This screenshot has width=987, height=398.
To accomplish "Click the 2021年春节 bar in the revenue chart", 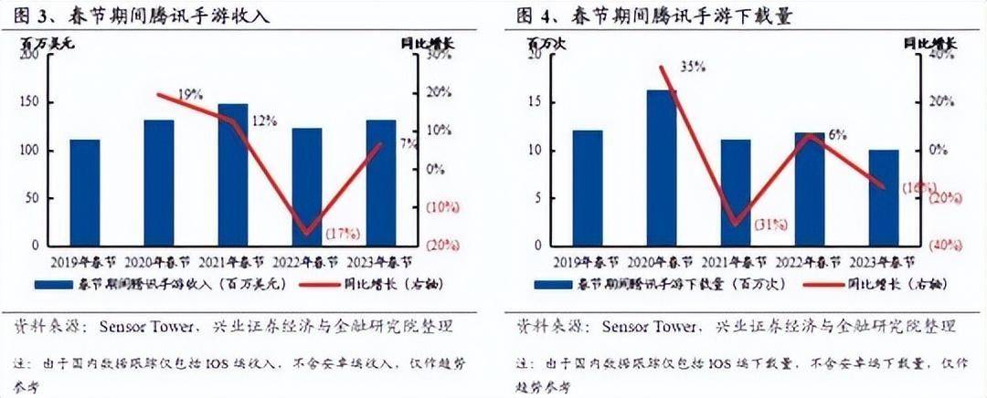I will click(x=232, y=174).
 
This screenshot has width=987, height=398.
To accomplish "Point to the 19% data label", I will click(x=190, y=94).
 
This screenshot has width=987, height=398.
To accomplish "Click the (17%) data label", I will click(x=340, y=234).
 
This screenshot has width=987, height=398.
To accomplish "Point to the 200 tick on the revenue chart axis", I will click(x=29, y=56).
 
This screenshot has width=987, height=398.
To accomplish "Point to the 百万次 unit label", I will click(x=542, y=41).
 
